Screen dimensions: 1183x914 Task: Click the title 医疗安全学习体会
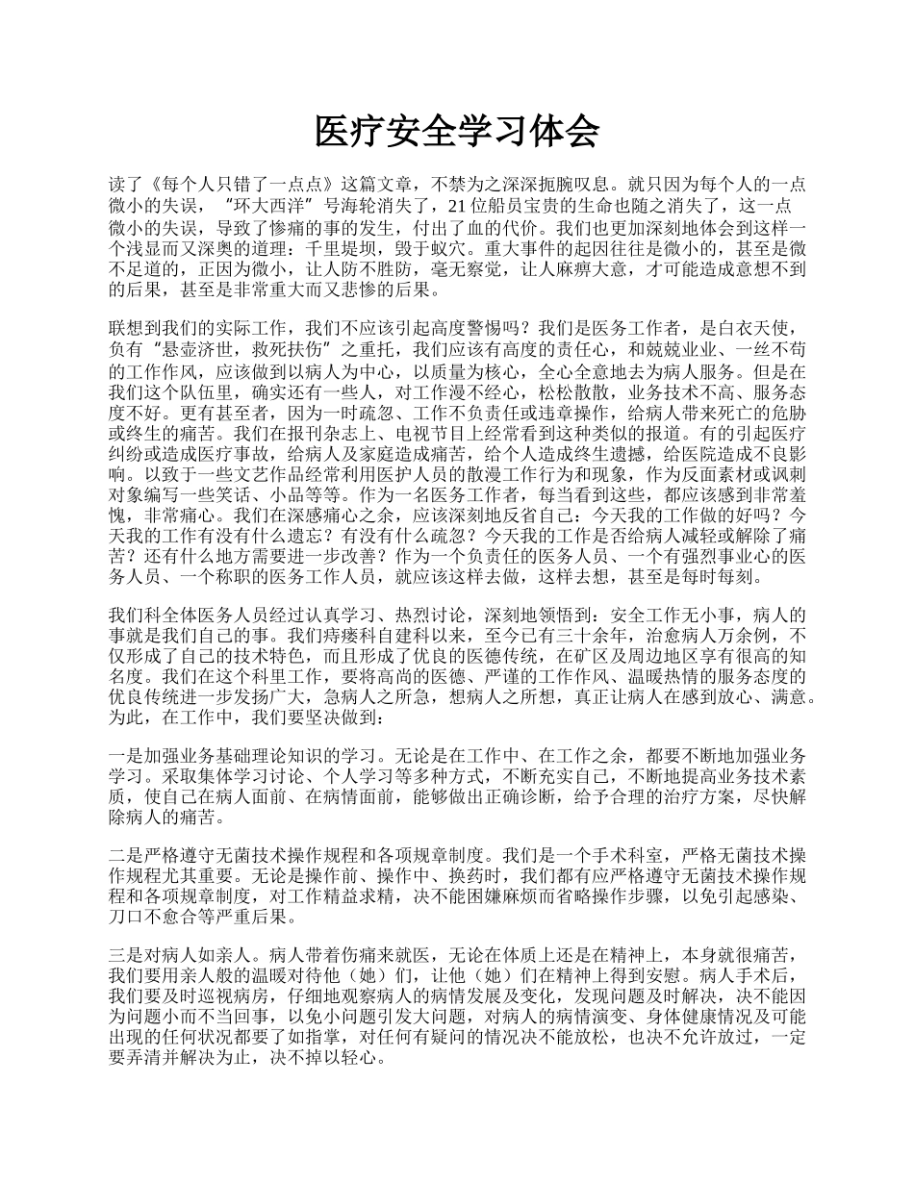pos(457,133)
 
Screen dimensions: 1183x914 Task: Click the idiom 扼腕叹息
pos(572,185)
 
